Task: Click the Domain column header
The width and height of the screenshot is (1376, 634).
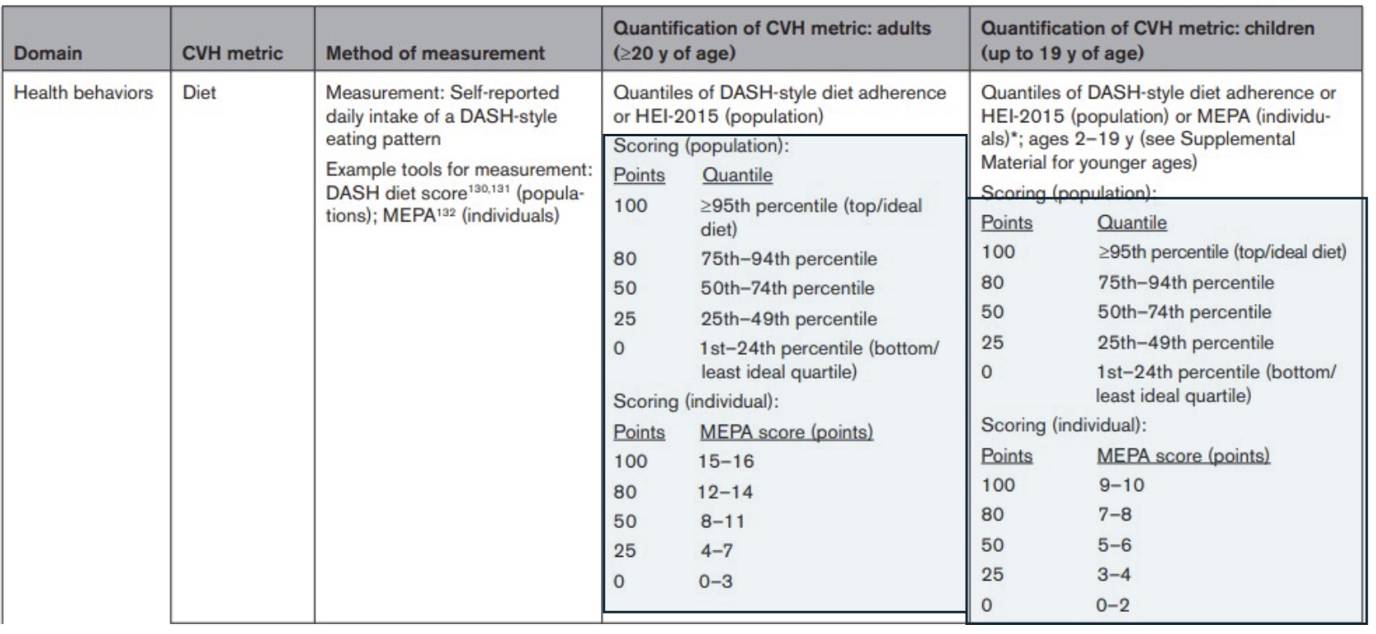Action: coord(48,53)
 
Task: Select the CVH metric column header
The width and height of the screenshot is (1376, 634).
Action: coord(233,53)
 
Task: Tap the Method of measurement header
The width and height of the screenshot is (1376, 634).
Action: coord(435,53)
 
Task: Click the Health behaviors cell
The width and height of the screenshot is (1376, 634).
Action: coord(83,93)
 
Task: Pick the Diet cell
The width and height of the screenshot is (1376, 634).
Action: coord(199,93)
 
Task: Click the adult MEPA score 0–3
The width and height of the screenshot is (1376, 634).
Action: coord(715,581)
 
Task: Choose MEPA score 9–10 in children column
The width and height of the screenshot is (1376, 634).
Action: coord(1121,485)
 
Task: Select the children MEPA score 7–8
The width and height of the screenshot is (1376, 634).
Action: coord(1115,515)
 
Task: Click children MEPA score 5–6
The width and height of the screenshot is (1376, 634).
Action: coord(1115,545)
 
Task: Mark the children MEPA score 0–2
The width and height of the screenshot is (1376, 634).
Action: coord(1113,606)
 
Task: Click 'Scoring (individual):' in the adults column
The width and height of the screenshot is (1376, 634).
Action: coord(695,402)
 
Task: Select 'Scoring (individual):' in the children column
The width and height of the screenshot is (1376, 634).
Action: coord(1063,425)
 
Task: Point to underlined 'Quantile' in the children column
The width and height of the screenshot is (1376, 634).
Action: coord(1131,223)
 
